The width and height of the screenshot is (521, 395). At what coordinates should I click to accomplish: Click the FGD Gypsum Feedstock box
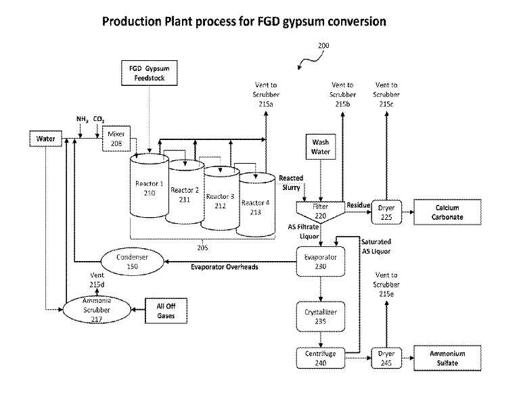tap(148, 73)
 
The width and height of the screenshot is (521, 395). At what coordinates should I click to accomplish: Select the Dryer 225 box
tap(386, 211)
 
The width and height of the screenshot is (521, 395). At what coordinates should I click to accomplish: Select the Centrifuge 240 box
tap(321, 358)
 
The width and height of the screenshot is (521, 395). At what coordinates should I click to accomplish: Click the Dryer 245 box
tap(386, 358)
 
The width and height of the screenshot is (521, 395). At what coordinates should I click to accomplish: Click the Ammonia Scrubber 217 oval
tap(96, 310)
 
